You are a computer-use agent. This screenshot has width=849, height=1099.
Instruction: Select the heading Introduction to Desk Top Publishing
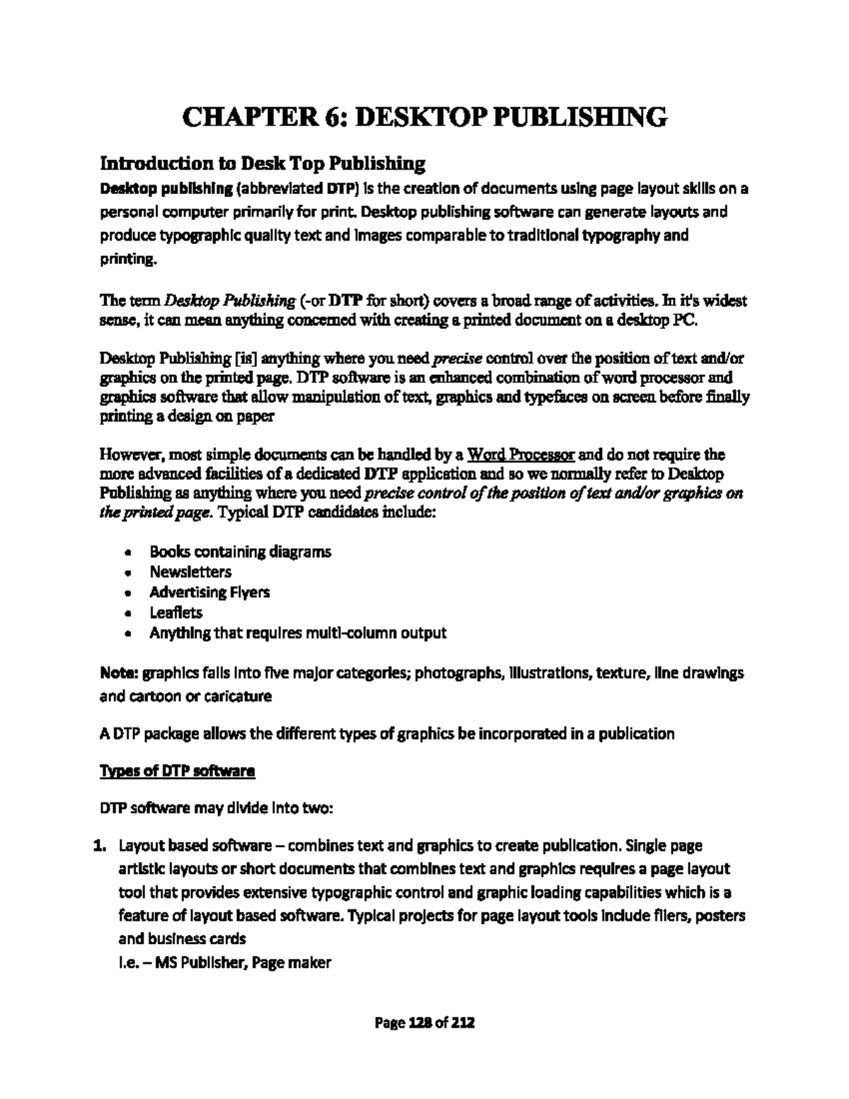[x=262, y=164]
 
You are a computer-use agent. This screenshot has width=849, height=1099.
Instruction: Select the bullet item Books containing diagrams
[x=240, y=551]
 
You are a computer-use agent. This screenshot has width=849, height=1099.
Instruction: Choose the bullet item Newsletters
[x=190, y=572]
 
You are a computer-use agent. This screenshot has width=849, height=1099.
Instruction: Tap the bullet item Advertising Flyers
[x=209, y=592]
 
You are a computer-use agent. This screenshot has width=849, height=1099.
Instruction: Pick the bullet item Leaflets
[x=175, y=612]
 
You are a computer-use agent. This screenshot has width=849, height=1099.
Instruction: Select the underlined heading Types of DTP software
[x=177, y=771]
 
